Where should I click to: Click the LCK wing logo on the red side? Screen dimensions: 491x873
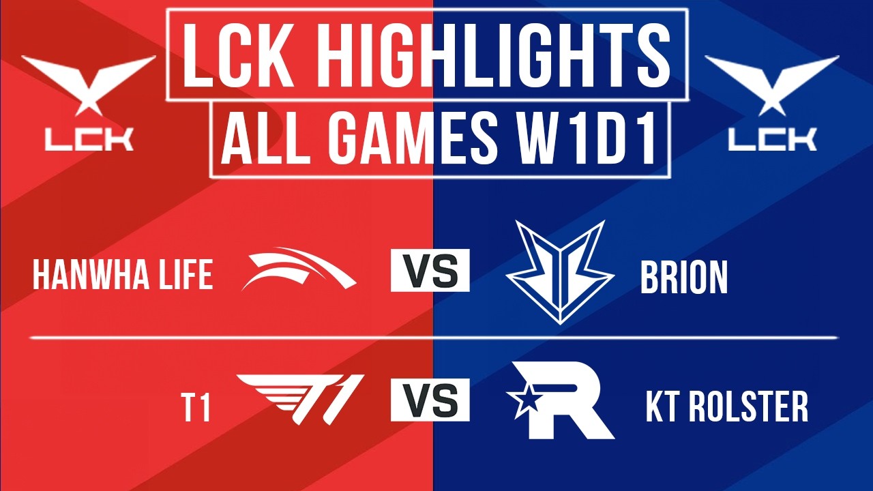(x=89, y=82)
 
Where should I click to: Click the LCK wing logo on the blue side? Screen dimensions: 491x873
(x=772, y=82)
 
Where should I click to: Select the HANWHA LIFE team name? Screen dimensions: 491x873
(x=123, y=276)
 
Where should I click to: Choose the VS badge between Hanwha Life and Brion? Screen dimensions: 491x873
(x=430, y=271)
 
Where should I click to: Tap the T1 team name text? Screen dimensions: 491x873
(x=196, y=408)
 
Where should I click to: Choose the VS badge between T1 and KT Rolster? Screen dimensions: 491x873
(x=430, y=400)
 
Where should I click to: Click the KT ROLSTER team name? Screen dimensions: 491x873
(x=726, y=407)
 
